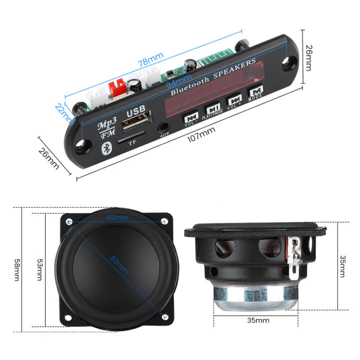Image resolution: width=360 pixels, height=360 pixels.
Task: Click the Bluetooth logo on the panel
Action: click(x=105, y=147)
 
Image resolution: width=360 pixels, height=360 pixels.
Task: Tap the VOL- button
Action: click(x=190, y=118)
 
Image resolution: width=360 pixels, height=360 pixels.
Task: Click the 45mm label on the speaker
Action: click(x=117, y=217)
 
